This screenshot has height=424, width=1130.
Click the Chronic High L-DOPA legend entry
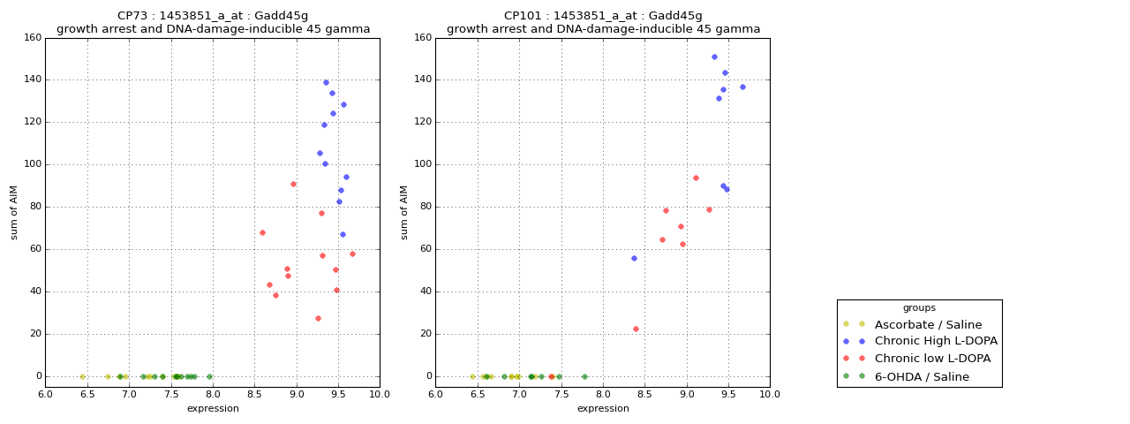tap(935, 341)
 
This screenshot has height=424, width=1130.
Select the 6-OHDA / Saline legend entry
tap(921, 376)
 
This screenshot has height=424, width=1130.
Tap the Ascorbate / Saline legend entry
tap(927, 324)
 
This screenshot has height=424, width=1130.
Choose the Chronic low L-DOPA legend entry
tap(932, 359)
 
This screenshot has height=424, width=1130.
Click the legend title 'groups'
tap(919, 308)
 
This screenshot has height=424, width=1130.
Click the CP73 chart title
tap(213, 22)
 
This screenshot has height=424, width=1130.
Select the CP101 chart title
tap(603, 22)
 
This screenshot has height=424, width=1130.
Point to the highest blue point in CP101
tap(714, 57)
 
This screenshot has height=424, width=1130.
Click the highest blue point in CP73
tap(326, 83)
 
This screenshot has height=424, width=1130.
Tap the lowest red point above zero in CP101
tap(636, 329)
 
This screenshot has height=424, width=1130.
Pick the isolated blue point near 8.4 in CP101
tap(634, 258)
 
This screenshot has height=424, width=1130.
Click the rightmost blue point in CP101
tap(742, 87)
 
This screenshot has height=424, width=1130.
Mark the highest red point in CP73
tap(293, 184)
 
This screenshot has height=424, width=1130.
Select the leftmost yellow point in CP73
tap(82, 376)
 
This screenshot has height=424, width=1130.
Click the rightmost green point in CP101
tap(584, 376)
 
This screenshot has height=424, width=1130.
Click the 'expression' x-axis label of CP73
tap(213, 408)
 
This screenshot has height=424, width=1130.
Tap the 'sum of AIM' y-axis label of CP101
tap(404, 212)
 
